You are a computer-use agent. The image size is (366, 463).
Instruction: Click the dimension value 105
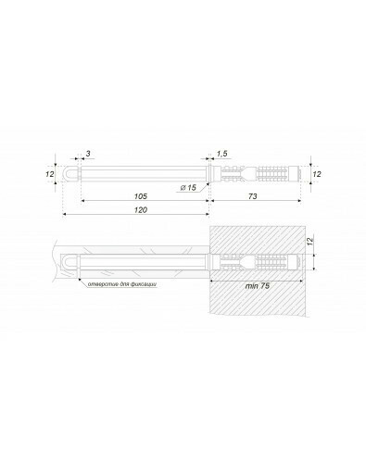[141, 196]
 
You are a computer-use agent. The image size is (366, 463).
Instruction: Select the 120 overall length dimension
[141, 210]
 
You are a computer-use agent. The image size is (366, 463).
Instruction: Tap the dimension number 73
[253, 196]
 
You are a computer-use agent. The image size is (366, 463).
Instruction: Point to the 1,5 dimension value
[221, 154]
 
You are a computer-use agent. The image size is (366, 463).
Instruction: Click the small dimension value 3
[88, 154]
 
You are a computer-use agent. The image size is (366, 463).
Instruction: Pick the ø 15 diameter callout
[188, 187]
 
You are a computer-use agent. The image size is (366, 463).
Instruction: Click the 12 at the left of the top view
[50, 174]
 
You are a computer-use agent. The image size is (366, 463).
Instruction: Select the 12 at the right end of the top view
[317, 174]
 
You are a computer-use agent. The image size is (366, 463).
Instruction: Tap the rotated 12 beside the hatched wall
[310, 242]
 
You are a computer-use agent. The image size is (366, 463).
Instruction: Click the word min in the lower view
[250, 286]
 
